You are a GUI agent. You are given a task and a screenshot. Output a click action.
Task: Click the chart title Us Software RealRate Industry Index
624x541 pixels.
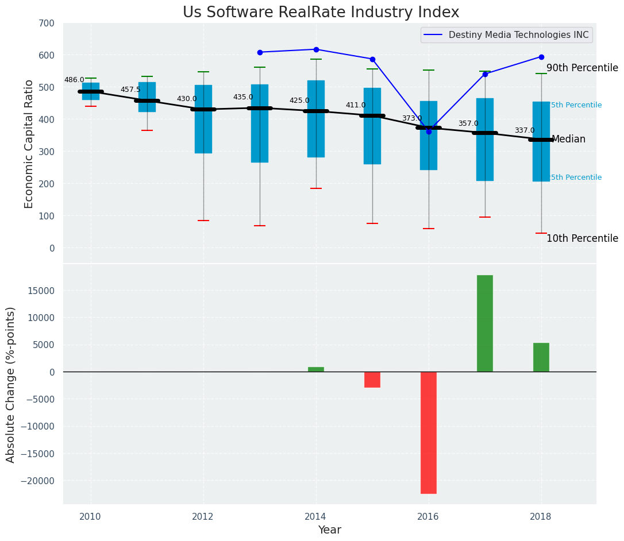click(321, 13)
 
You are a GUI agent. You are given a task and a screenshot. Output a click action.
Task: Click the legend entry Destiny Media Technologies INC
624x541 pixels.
click(518, 35)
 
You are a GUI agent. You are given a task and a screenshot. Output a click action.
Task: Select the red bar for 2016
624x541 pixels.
click(428, 432)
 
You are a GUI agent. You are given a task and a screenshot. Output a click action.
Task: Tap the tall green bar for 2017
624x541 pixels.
click(484, 323)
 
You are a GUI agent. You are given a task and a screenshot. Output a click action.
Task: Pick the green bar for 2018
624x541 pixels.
click(541, 357)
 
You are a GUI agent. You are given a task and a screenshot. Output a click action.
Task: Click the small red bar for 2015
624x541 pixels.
click(372, 380)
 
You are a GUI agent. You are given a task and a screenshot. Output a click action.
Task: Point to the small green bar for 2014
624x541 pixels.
click(315, 369)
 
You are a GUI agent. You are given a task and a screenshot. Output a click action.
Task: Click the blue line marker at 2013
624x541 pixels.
click(260, 52)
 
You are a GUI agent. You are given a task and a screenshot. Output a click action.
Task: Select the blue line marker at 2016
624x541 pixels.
click(429, 132)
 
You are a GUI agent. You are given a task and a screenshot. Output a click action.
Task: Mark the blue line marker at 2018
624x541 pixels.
click(541, 57)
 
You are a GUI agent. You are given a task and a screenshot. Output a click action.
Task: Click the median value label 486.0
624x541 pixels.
click(74, 80)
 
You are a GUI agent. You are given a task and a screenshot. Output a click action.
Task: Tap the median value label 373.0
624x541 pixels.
click(411, 119)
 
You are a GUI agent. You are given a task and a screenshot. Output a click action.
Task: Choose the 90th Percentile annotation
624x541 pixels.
click(582, 68)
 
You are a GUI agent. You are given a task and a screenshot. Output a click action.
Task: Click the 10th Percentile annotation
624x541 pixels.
click(582, 239)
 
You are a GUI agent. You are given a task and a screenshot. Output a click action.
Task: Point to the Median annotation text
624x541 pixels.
click(568, 140)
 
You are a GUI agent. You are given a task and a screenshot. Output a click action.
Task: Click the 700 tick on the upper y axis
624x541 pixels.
click(46, 24)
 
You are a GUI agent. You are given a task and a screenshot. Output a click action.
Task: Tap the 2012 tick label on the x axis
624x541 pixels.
click(203, 516)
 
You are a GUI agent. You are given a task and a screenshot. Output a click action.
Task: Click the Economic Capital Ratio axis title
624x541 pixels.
click(29, 144)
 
